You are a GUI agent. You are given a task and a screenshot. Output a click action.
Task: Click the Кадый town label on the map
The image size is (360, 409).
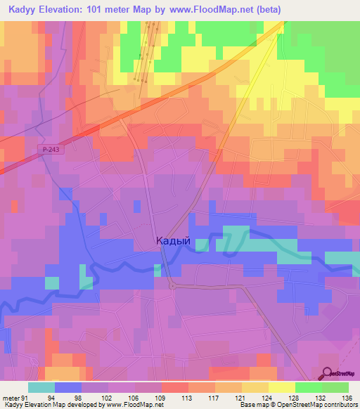pos(172,241)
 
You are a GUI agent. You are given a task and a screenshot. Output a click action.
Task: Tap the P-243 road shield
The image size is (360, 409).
pos(50,149)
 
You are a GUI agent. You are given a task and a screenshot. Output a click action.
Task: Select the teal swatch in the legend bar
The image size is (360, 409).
pos(41,387)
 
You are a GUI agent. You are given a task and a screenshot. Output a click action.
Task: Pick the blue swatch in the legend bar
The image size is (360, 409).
pos(68,387)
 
